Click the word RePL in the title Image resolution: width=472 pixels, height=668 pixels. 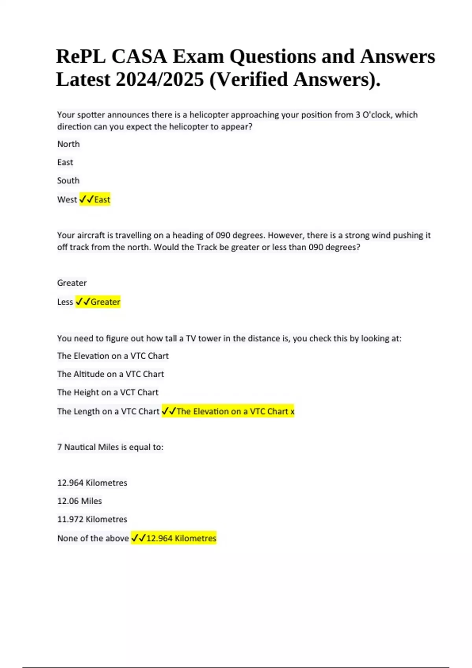(x=81, y=56)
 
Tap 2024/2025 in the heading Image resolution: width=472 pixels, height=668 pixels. (x=160, y=79)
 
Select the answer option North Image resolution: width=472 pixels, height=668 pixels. (x=68, y=144)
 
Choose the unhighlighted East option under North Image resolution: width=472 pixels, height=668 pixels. (x=65, y=162)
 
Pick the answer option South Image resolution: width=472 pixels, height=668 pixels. (x=68, y=181)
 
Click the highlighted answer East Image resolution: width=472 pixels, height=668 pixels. (x=102, y=200)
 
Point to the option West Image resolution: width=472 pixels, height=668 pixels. (x=67, y=200)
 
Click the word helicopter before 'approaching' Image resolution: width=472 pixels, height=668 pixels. (x=209, y=115)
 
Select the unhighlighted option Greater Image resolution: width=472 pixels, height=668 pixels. (x=72, y=283)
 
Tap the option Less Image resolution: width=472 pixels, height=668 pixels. (x=65, y=302)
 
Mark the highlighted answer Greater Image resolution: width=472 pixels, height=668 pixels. (x=105, y=302)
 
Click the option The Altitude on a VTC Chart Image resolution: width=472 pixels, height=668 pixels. (x=111, y=374)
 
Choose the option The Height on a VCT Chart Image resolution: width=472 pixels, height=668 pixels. (x=108, y=392)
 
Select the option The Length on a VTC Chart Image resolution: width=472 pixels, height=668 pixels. (x=108, y=411)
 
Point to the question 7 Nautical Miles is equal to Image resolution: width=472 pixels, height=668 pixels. (x=110, y=447)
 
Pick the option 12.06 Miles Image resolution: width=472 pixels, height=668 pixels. (x=79, y=501)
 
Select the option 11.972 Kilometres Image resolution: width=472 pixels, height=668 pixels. (x=92, y=519)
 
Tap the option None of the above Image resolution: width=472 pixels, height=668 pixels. (x=93, y=538)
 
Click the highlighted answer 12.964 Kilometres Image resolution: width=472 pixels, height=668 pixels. (x=181, y=538)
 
